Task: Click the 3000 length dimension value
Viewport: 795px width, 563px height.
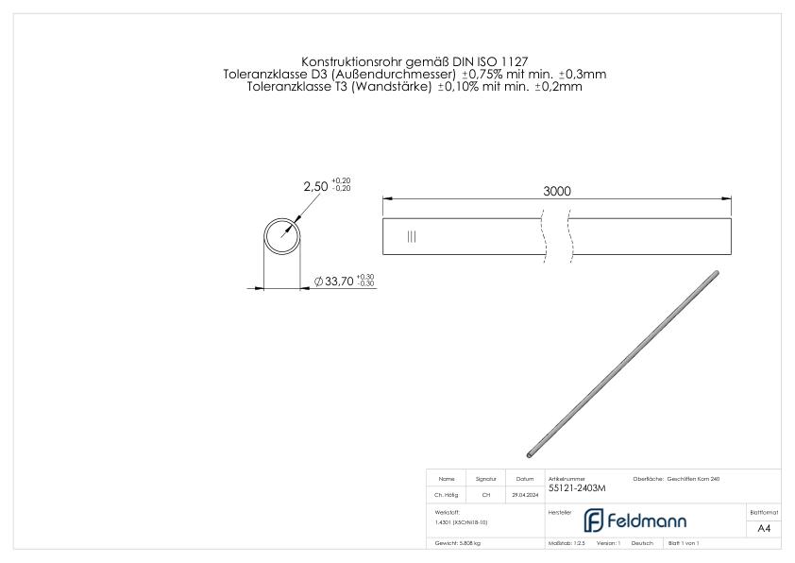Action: pos(557,191)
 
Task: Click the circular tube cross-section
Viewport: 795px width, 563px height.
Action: pos(281,234)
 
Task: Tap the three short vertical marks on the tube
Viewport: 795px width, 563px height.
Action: pos(411,236)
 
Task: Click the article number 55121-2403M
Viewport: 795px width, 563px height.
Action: pos(576,488)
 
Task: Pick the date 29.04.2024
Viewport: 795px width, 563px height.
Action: pos(525,494)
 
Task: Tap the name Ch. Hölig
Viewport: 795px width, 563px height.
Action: pos(447,494)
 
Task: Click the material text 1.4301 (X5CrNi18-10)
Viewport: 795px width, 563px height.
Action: pos(462,521)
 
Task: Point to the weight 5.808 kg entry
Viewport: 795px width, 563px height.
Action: pos(458,544)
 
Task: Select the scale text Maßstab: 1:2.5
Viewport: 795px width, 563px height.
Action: pos(568,544)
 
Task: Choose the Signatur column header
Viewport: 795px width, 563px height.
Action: pos(486,479)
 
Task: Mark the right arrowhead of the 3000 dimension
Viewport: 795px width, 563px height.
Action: pos(728,198)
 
